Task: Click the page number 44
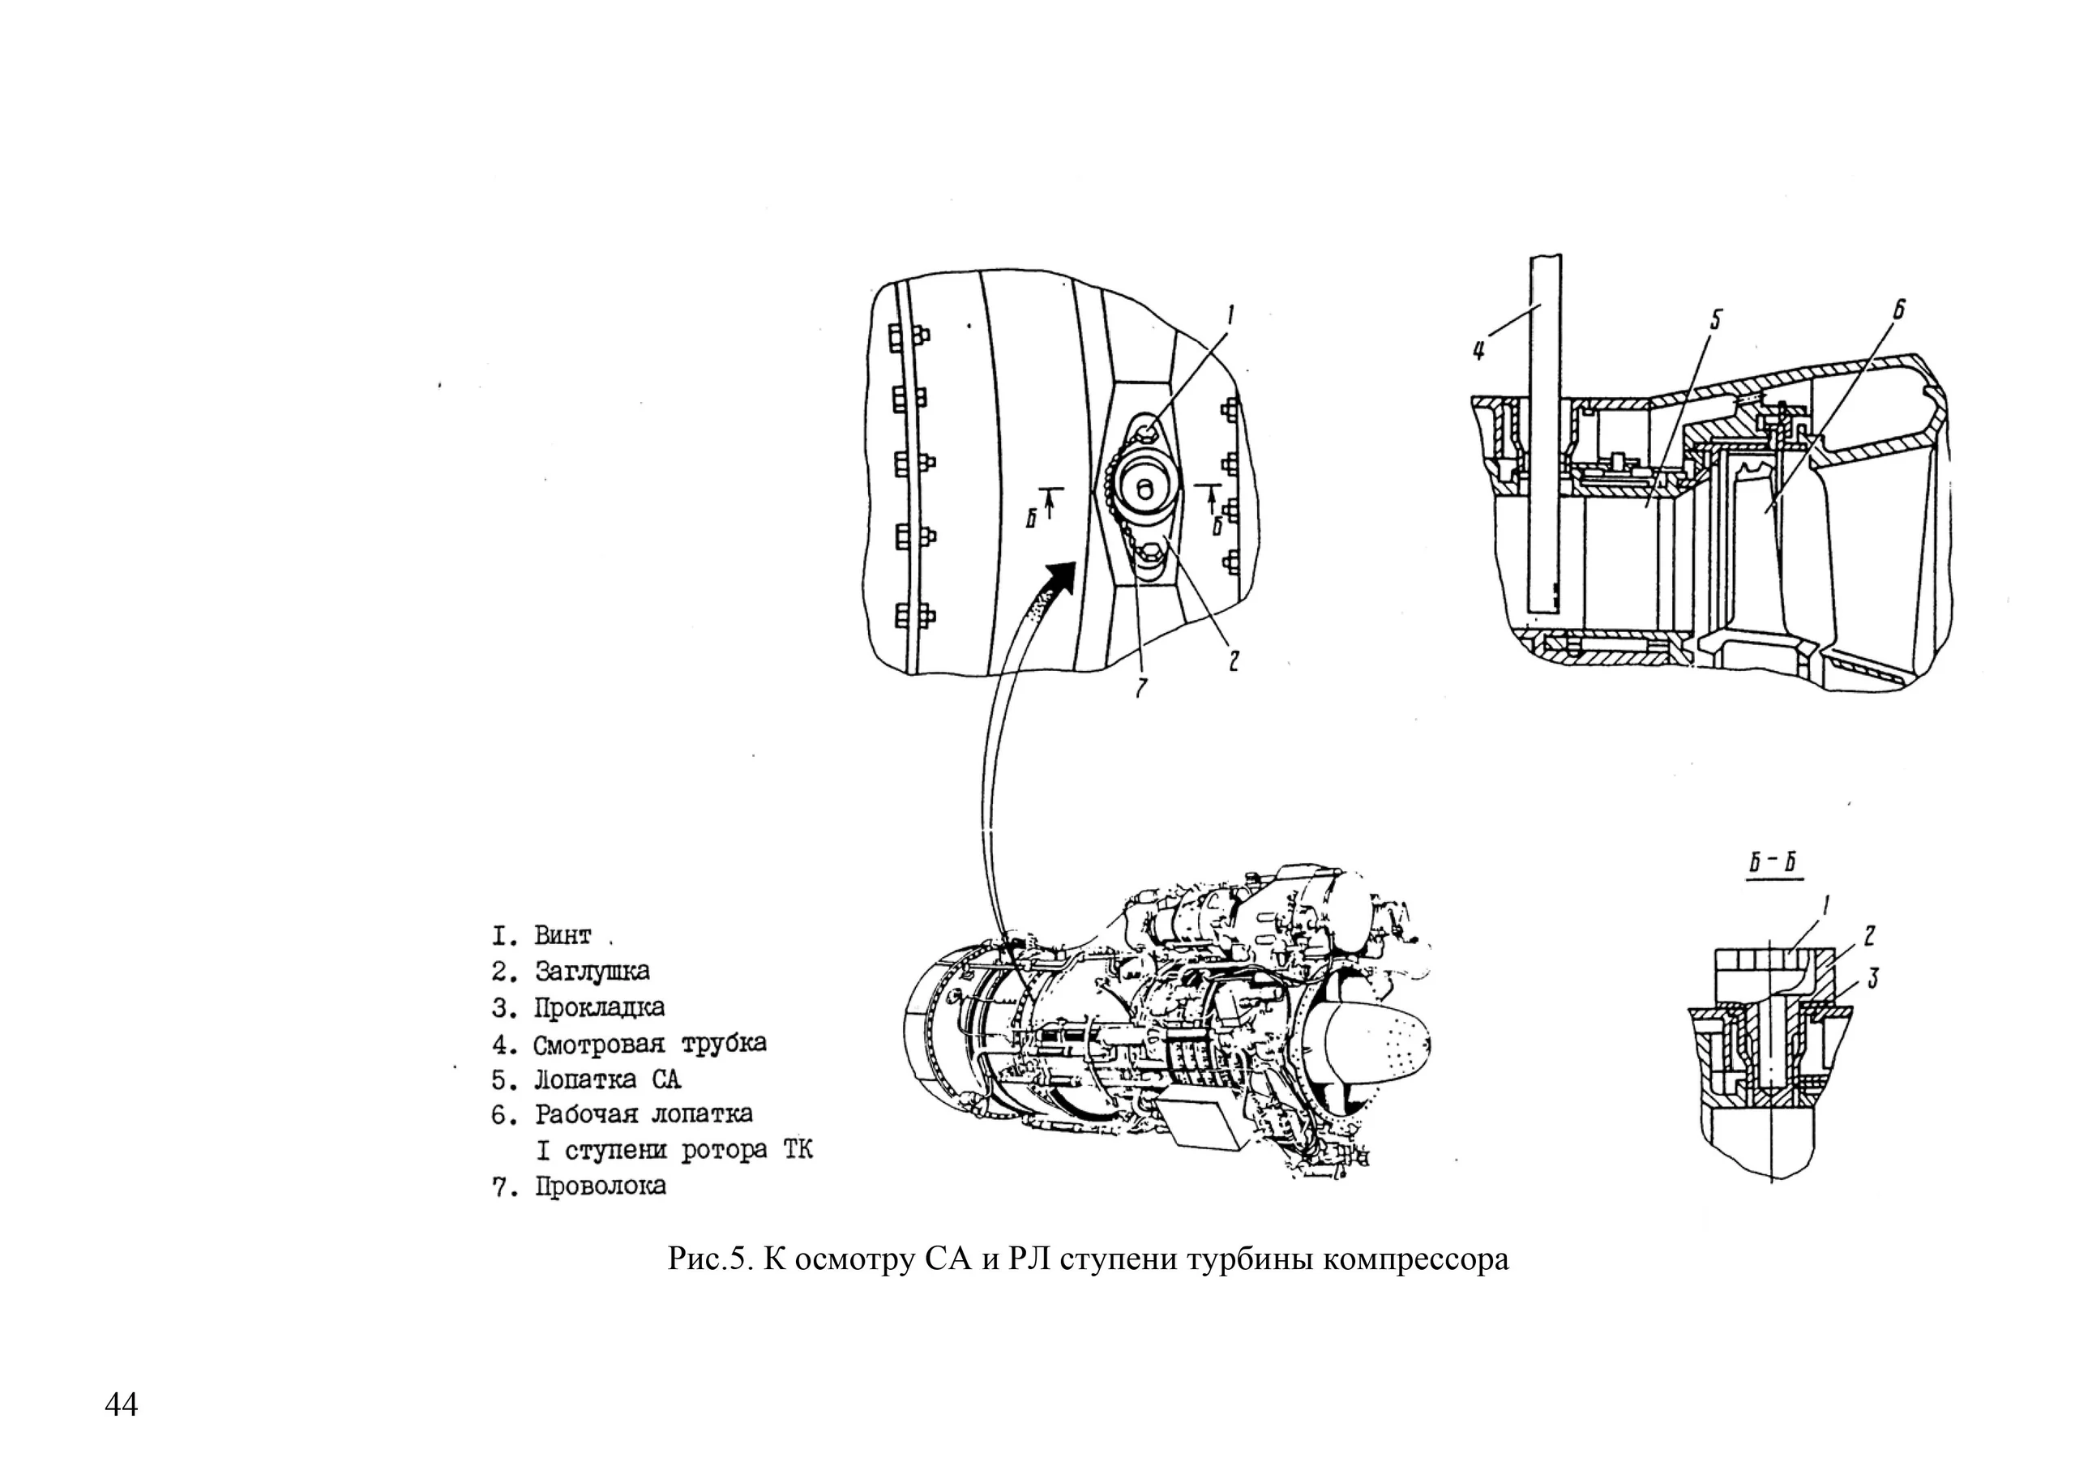pyautogui.click(x=121, y=1405)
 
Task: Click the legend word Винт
pyautogui.click(x=563, y=934)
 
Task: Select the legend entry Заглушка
pyautogui.click(x=592, y=972)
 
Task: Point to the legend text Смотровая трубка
pyautogui.click(x=650, y=1044)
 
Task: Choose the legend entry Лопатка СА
pyautogui.click(x=607, y=1079)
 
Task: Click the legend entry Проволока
pyautogui.click(x=601, y=1186)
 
